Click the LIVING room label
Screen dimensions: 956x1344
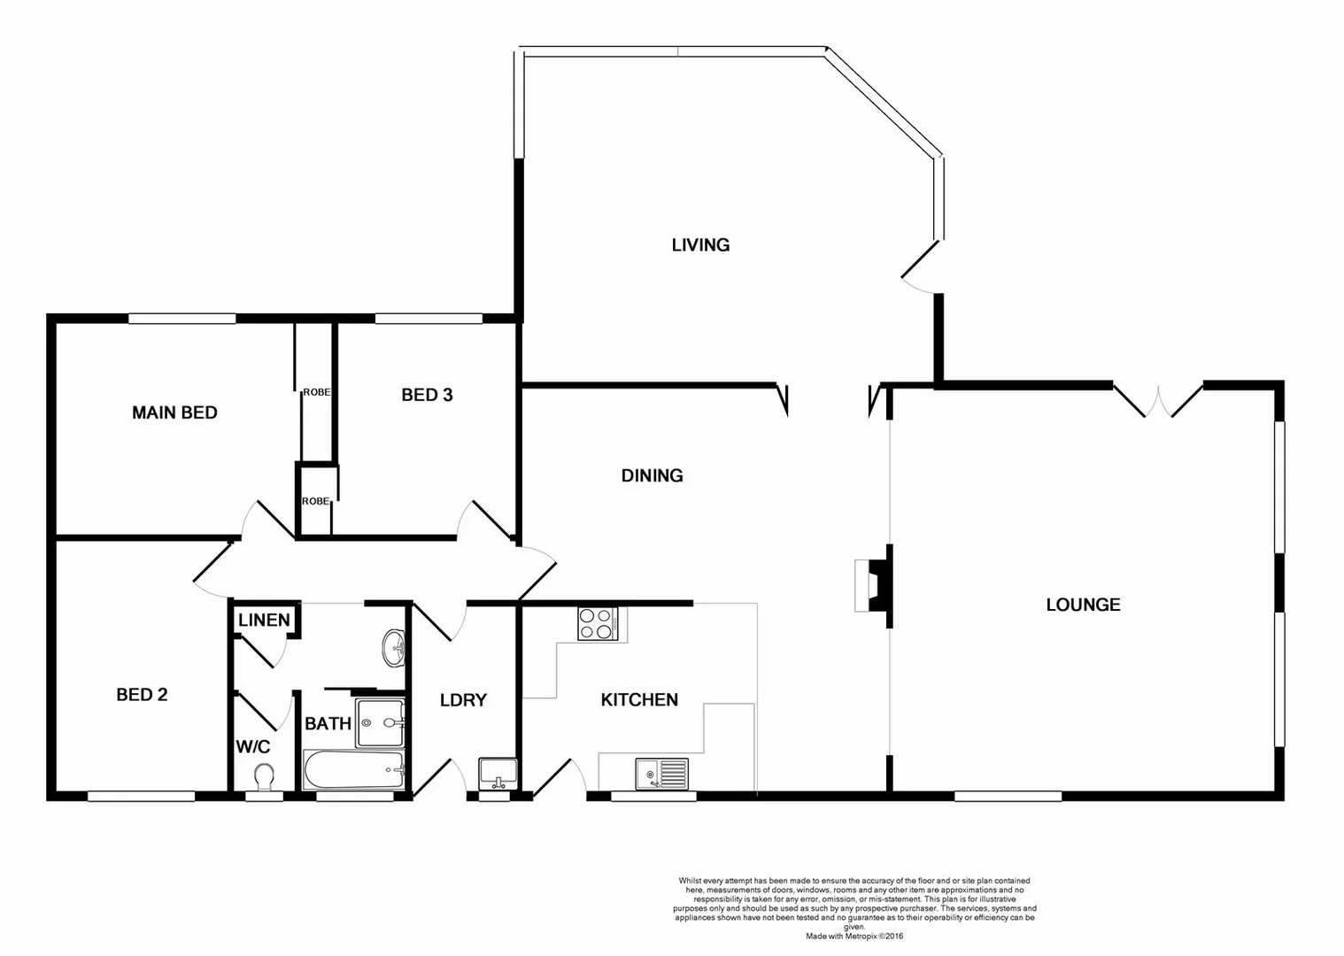(x=700, y=245)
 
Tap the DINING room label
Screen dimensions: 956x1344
(x=652, y=476)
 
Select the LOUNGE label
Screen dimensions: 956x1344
(x=1083, y=605)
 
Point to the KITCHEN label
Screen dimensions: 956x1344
(x=639, y=700)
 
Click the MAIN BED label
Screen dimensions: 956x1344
(x=174, y=412)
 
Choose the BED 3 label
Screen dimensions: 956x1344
(x=427, y=395)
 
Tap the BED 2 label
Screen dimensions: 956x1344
(x=142, y=695)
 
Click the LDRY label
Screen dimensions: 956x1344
(x=463, y=700)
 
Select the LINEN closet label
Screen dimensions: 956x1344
(x=264, y=620)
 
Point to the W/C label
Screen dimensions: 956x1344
(x=252, y=747)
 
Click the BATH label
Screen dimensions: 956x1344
(x=328, y=724)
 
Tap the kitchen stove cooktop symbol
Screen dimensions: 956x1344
(x=598, y=624)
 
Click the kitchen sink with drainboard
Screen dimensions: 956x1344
(x=661, y=775)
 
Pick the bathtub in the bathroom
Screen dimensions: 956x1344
(x=354, y=771)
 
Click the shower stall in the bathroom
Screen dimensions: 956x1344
(x=380, y=722)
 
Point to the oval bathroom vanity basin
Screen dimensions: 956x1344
(x=394, y=648)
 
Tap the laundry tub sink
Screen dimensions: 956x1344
(x=497, y=774)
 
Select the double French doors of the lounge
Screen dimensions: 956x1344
(x=1157, y=400)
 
